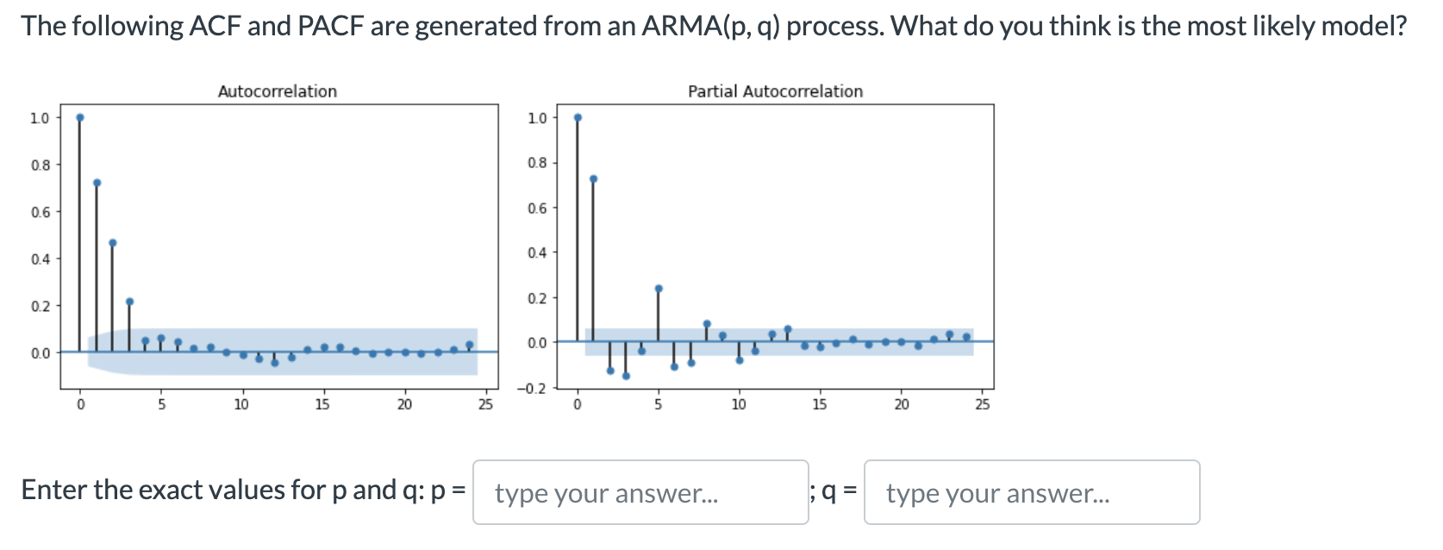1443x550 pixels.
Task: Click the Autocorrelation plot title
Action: coord(277,91)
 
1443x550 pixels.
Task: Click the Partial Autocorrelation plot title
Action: coord(775,91)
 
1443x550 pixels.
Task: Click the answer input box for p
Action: coord(640,492)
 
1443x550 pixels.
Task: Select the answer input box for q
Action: coord(1031,492)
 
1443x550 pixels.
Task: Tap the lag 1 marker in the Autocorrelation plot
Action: coord(97,183)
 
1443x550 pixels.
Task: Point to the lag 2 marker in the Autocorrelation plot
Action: coord(113,243)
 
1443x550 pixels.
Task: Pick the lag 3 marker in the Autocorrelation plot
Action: coord(129,302)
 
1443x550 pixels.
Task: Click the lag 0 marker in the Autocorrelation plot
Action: coord(80,117)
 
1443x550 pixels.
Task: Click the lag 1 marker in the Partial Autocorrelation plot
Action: coord(593,179)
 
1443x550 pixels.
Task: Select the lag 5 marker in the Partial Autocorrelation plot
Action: coord(659,289)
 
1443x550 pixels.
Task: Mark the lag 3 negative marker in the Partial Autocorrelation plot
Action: coord(626,376)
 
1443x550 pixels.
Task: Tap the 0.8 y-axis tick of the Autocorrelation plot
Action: coord(41,165)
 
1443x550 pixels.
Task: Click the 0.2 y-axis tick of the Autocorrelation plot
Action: coord(41,306)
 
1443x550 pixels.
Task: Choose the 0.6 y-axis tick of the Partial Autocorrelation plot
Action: coord(536,208)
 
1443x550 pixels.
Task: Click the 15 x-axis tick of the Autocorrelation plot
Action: coord(322,404)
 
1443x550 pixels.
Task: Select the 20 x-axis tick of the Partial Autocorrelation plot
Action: coord(901,404)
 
